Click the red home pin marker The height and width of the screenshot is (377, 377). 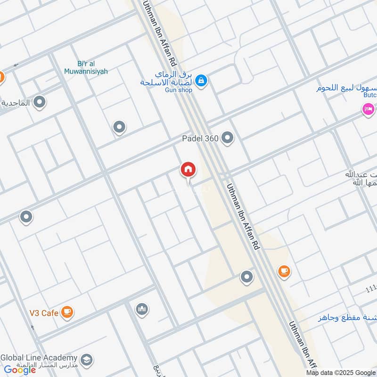click(188, 170)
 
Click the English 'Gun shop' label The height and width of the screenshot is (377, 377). click(178, 90)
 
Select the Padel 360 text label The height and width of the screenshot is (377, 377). click(200, 139)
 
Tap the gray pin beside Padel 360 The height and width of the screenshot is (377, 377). click(228, 138)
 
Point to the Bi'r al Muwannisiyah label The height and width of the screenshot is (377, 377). click(86, 67)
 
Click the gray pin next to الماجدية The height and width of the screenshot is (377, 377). click(40, 102)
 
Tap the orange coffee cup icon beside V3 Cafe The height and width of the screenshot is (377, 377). click(67, 312)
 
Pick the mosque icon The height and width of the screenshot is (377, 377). click(142, 309)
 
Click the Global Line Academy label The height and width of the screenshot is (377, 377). click(39, 358)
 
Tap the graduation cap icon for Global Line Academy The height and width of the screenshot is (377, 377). click(87, 360)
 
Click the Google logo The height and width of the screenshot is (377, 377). click(20, 370)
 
